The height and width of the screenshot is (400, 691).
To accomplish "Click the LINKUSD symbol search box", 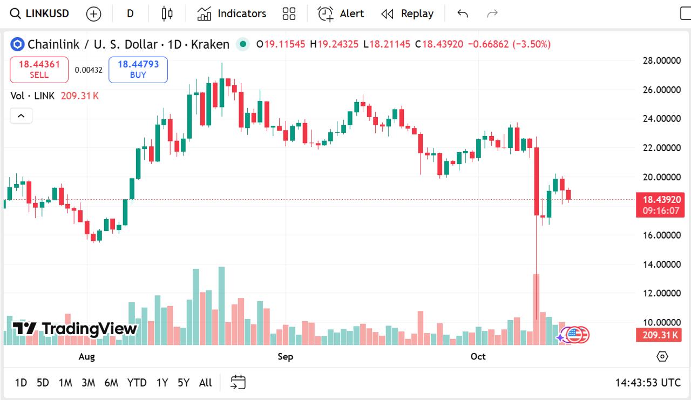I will [41, 13].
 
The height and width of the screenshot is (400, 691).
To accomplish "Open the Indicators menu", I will [232, 13].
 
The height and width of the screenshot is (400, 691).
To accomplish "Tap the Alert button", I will [341, 13].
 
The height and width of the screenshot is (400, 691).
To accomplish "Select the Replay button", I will [408, 13].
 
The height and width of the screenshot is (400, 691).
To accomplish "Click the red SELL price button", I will [39, 69].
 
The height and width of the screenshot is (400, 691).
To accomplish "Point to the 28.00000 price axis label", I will [661, 60].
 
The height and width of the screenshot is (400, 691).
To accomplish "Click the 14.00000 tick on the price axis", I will [661, 264].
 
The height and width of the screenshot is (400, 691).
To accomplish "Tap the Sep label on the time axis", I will [285, 356].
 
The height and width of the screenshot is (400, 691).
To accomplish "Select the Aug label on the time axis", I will [86, 356].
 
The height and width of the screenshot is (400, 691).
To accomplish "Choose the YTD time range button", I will [137, 383].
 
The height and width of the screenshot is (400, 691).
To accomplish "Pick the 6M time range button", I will [111, 383].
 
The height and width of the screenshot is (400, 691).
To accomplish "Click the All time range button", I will [205, 383].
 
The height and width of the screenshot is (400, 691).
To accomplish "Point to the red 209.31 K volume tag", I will [660, 335].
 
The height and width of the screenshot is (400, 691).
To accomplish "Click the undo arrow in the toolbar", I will [463, 13].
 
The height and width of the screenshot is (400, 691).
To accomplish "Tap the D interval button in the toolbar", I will [130, 13].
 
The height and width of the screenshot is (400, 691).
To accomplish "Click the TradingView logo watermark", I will [76, 328].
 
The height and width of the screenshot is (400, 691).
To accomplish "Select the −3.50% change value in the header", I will [532, 44].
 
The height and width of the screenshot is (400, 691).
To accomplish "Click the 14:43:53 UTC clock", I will [648, 383].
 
